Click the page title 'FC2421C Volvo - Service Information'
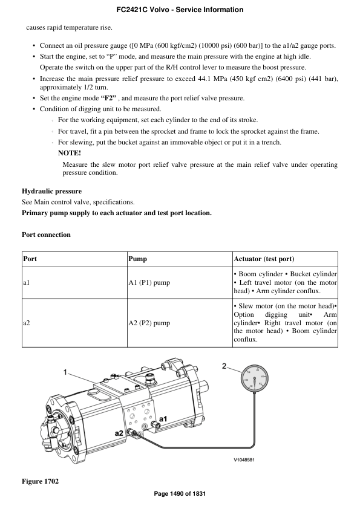(x=180, y=10)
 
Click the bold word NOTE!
(x=69, y=153)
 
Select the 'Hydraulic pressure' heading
(x=51, y=191)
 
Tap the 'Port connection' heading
(x=46, y=235)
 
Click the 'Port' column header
(x=30, y=259)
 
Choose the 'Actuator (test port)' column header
(x=264, y=259)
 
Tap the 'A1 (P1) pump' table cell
(x=149, y=282)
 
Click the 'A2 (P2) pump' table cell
(x=149, y=323)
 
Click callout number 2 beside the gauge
(x=224, y=366)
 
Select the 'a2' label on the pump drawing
(x=120, y=433)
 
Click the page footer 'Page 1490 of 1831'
(x=180, y=494)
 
